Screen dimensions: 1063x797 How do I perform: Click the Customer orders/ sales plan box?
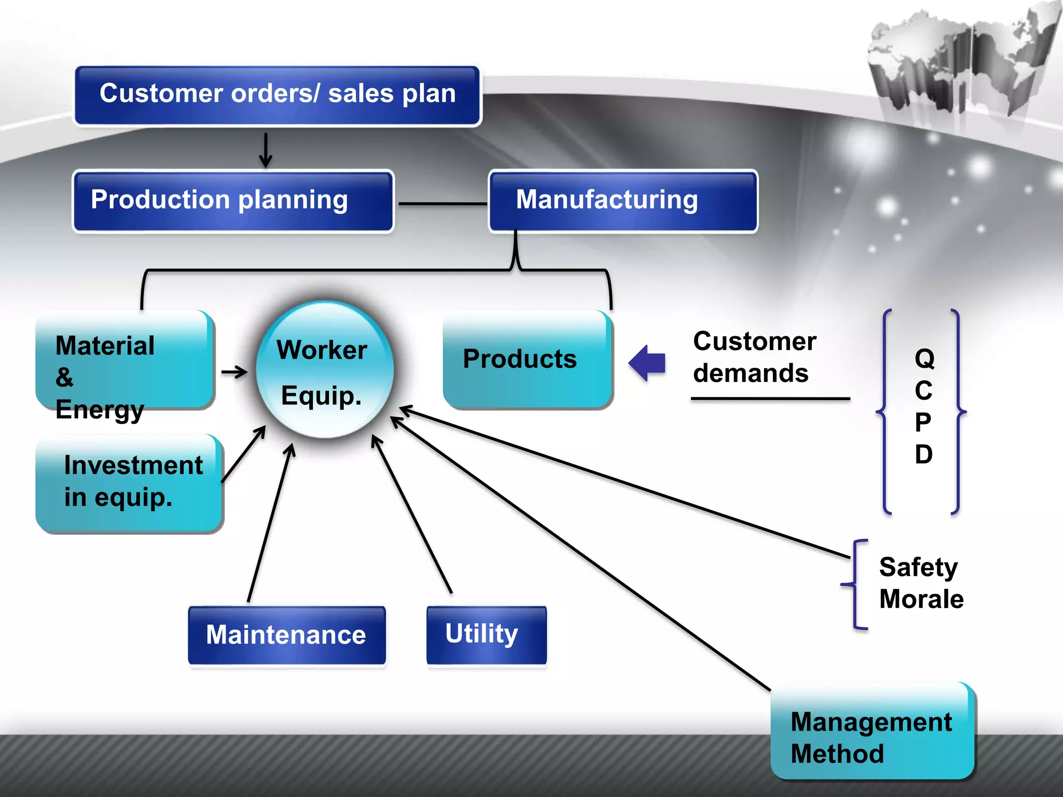pyautogui.click(x=278, y=96)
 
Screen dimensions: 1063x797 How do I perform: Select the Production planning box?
pyautogui.click(x=233, y=201)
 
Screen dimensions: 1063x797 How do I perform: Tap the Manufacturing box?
pyautogui.click(x=623, y=201)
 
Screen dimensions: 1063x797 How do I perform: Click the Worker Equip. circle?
pyautogui.click(x=324, y=369)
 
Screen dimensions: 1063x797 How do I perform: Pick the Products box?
pyautogui.click(x=528, y=360)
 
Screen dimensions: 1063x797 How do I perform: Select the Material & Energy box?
pyautogui.click(x=125, y=360)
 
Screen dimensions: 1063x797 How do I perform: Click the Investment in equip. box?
pyautogui.click(x=129, y=484)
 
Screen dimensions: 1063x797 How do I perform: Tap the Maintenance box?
pyautogui.click(x=287, y=635)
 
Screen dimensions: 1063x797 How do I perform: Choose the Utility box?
pyautogui.click(x=486, y=635)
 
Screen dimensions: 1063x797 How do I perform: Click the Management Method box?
pyautogui.click(x=872, y=731)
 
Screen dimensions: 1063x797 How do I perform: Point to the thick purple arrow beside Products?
pyautogui.click(x=647, y=363)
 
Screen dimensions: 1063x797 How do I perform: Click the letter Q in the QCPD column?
pyautogui.click(x=924, y=359)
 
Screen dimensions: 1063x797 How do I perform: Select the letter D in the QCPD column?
pyautogui.click(x=924, y=454)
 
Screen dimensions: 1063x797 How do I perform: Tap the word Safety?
pyautogui.click(x=918, y=568)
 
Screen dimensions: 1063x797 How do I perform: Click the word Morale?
pyautogui.click(x=921, y=599)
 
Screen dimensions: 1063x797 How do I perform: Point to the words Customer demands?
pyautogui.click(x=755, y=357)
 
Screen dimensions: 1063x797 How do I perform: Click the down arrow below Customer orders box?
pyautogui.click(x=266, y=150)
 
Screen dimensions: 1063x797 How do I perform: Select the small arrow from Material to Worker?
pyautogui.click(x=234, y=372)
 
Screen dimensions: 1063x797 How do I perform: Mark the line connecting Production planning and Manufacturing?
pyautogui.click(x=443, y=204)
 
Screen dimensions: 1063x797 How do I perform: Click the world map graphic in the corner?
pyautogui.click(x=960, y=60)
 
